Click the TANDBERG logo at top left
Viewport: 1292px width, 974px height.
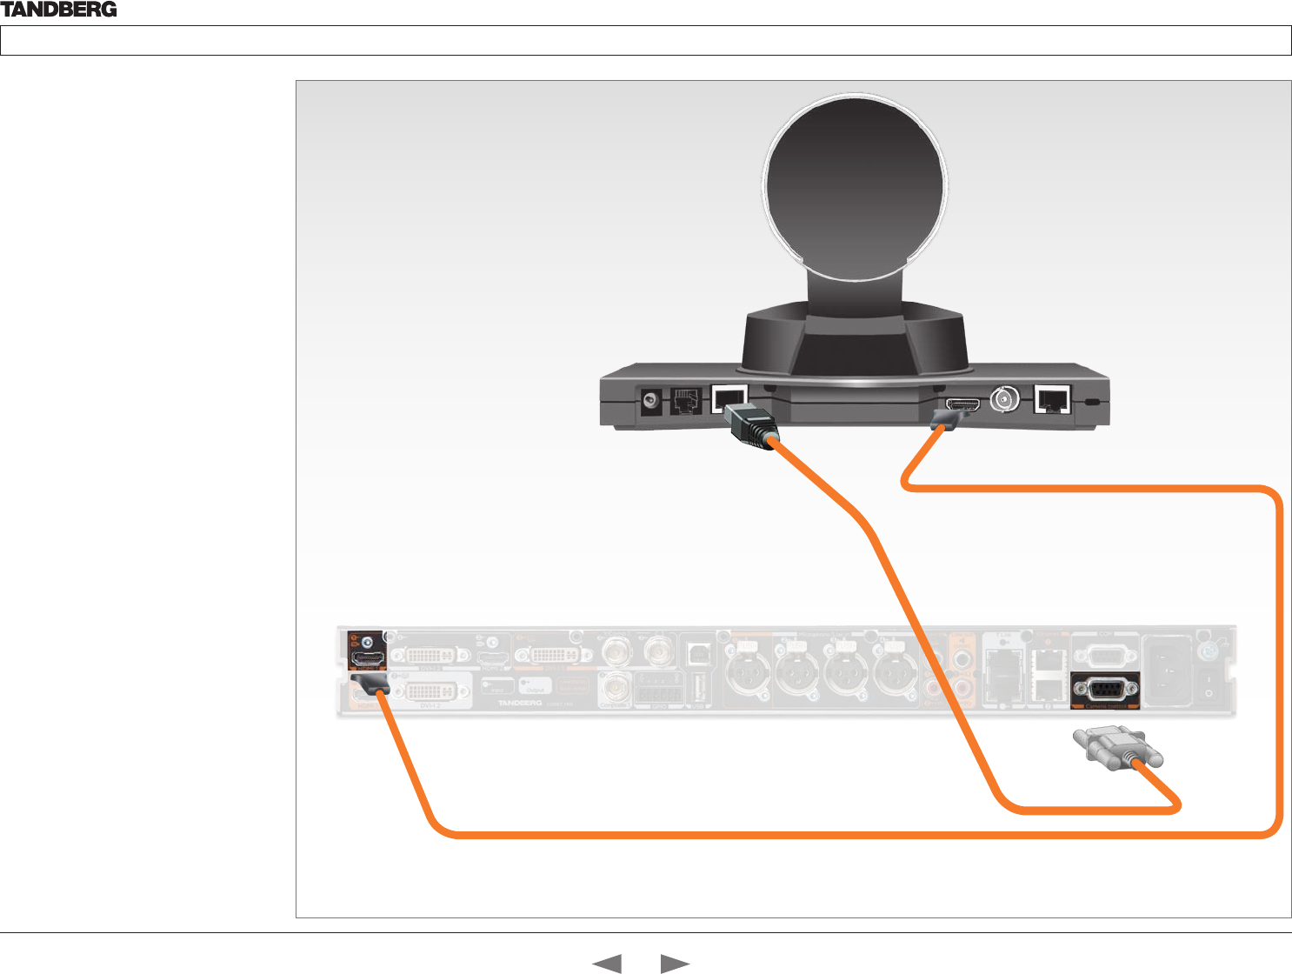point(59,10)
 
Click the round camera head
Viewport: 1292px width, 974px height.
point(855,186)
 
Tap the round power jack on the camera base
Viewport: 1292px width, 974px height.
point(649,402)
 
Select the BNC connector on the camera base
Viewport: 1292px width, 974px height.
point(1006,401)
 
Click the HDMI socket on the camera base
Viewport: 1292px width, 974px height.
point(962,404)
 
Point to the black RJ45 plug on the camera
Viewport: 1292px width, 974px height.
point(750,425)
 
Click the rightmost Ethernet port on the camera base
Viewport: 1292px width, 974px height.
point(1052,400)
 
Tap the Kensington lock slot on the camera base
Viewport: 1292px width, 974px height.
point(1093,403)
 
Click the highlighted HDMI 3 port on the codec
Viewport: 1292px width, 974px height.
point(366,659)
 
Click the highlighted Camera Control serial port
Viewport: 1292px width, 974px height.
point(1104,689)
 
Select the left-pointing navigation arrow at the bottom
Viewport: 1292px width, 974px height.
point(606,964)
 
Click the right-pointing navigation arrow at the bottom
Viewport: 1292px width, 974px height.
point(676,964)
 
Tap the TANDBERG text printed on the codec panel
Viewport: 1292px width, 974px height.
point(519,702)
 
